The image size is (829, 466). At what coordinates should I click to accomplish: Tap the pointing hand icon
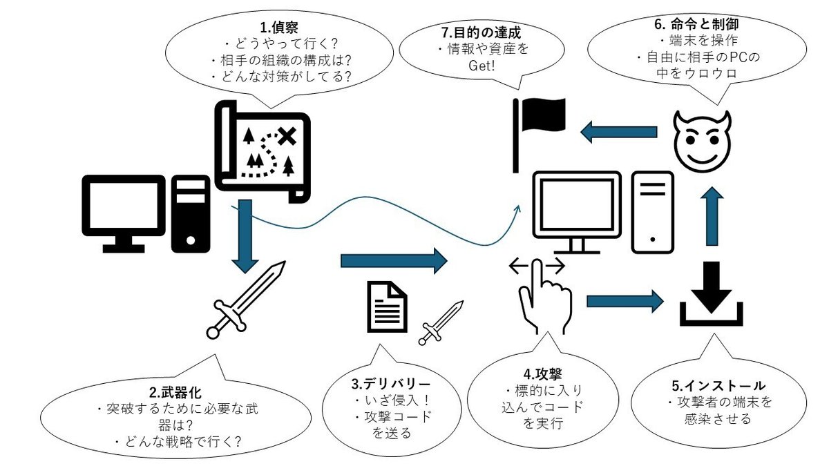[546, 297]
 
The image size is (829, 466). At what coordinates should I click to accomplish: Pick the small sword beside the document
[440, 322]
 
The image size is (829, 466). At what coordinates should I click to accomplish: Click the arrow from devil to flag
[618, 132]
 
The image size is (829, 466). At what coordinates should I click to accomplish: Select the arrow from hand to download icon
[624, 301]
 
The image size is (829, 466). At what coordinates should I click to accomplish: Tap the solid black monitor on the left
[124, 211]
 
